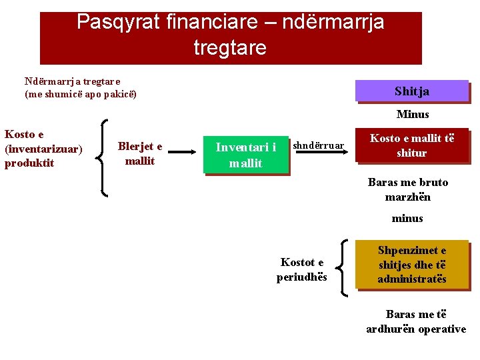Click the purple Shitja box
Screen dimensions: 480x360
coord(412,91)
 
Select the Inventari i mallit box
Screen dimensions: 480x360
coord(246,155)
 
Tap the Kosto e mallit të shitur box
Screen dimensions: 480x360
coord(412,145)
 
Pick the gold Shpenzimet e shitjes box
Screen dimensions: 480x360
coord(412,265)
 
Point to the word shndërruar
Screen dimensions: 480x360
coord(319,145)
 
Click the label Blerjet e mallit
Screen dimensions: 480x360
coord(140,153)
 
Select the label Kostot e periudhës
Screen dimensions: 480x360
coord(302,269)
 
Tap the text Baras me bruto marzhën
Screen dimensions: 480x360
coord(408,189)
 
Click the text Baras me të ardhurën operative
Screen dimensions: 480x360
coord(416,321)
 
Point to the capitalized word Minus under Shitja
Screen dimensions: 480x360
coord(413,115)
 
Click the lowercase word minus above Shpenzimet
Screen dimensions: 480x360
coord(407,218)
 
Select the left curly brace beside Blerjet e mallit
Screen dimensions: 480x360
coord(103,157)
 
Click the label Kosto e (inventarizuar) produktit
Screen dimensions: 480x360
coord(43,149)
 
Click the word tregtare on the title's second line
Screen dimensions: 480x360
coord(230,48)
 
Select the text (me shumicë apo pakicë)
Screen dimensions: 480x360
coord(81,94)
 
